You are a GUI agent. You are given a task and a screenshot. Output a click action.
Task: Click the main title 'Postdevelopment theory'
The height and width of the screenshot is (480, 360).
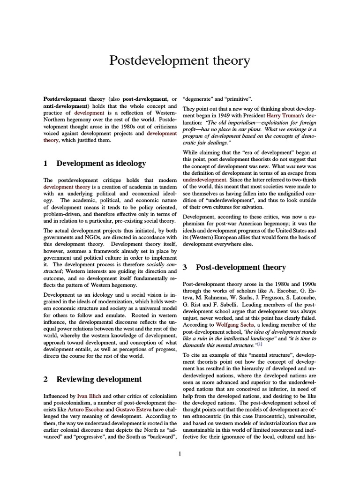[x=180, y=61]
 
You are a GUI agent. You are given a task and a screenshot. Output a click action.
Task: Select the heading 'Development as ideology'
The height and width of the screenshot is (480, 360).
[x=101, y=164]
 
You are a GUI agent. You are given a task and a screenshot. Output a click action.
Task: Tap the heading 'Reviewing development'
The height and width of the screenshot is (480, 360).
[x=99, y=379]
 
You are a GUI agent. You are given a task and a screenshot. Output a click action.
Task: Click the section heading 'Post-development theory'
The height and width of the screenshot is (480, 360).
[x=240, y=267]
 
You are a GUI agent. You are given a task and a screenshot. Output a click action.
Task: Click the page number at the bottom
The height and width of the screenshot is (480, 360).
[x=180, y=453]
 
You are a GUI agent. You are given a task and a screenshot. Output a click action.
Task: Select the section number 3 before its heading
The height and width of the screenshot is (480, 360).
[x=185, y=267]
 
